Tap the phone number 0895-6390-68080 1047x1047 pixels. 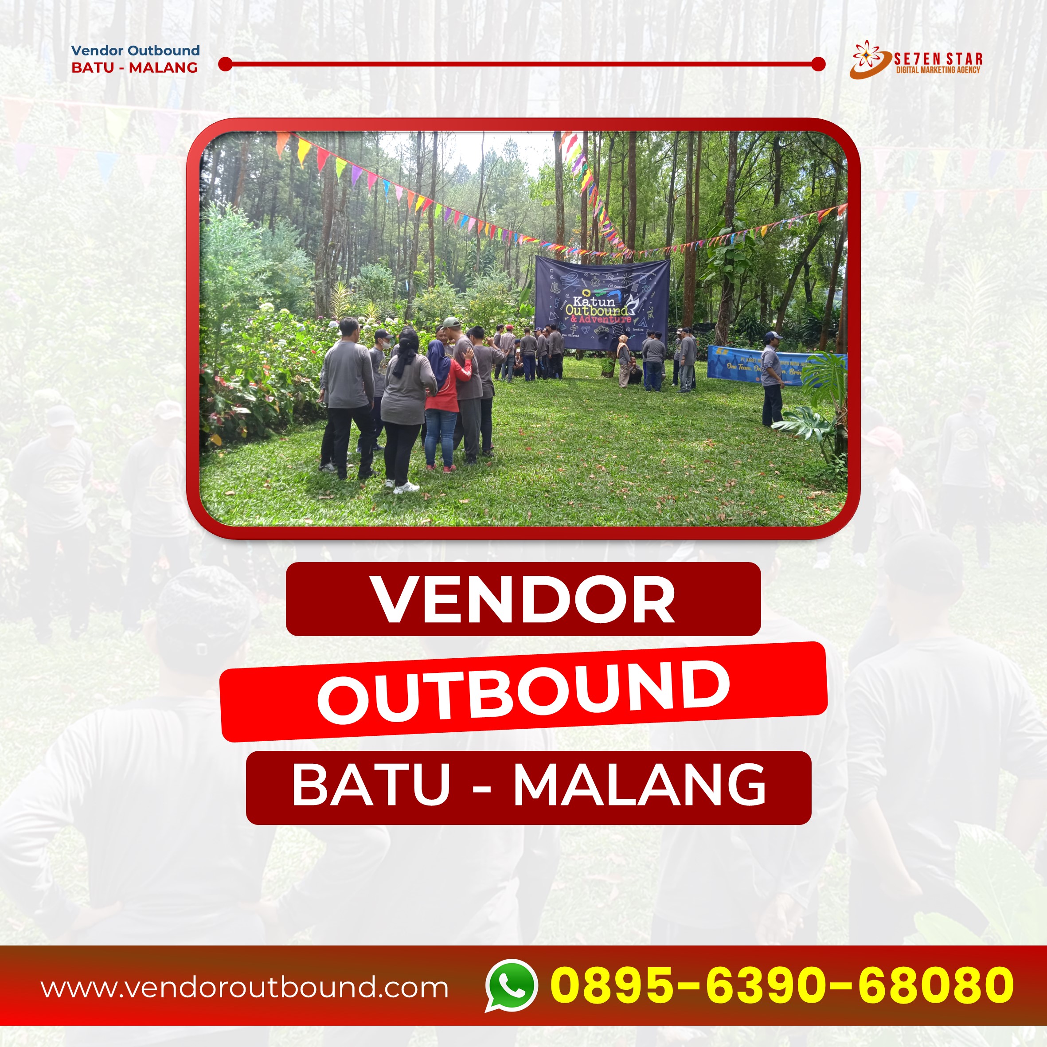[x=781, y=984]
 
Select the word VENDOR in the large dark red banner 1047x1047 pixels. [x=523, y=599]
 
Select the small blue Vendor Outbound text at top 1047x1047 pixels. [x=136, y=51]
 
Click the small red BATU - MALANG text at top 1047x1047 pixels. [x=134, y=68]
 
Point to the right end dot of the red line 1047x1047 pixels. [x=818, y=64]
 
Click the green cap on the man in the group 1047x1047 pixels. [x=451, y=322]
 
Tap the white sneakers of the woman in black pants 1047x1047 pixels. [x=405, y=487]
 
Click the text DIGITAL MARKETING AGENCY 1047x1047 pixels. [x=938, y=70]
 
